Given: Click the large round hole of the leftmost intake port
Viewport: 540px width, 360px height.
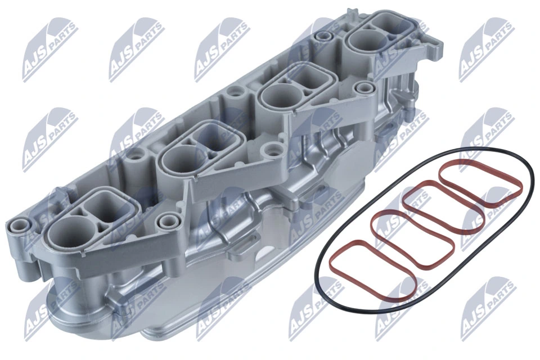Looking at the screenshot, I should click(x=69, y=232).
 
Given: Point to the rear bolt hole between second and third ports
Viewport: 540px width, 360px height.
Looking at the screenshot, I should click(x=232, y=91).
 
